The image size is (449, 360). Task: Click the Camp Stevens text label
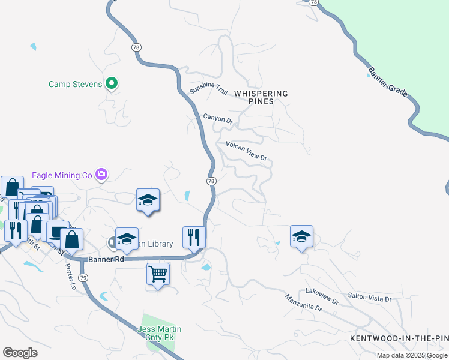pyautogui.click(x=75, y=85)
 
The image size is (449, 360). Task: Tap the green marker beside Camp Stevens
pyautogui.click(x=111, y=84)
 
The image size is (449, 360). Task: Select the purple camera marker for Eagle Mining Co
pyautogui.click(x=101, y=175)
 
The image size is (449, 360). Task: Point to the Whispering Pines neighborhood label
pyautogui.click(x=261, y=97)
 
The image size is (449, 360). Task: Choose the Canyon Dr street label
pyautogui.click(x=217, y=119)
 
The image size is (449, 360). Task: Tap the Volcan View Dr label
pyautogui.click(x=246, y=151)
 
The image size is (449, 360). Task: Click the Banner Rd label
pyautogui.click(x=105, y=260)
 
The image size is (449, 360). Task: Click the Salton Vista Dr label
pyautogui.click(x=370, y=298)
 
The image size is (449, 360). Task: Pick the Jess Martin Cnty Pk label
pyautogui.click(x=160, y=334)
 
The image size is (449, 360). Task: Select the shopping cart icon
pyautogui.click(x=158, y=274)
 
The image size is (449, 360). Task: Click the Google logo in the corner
pyautogui.click(x=20, y=353)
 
